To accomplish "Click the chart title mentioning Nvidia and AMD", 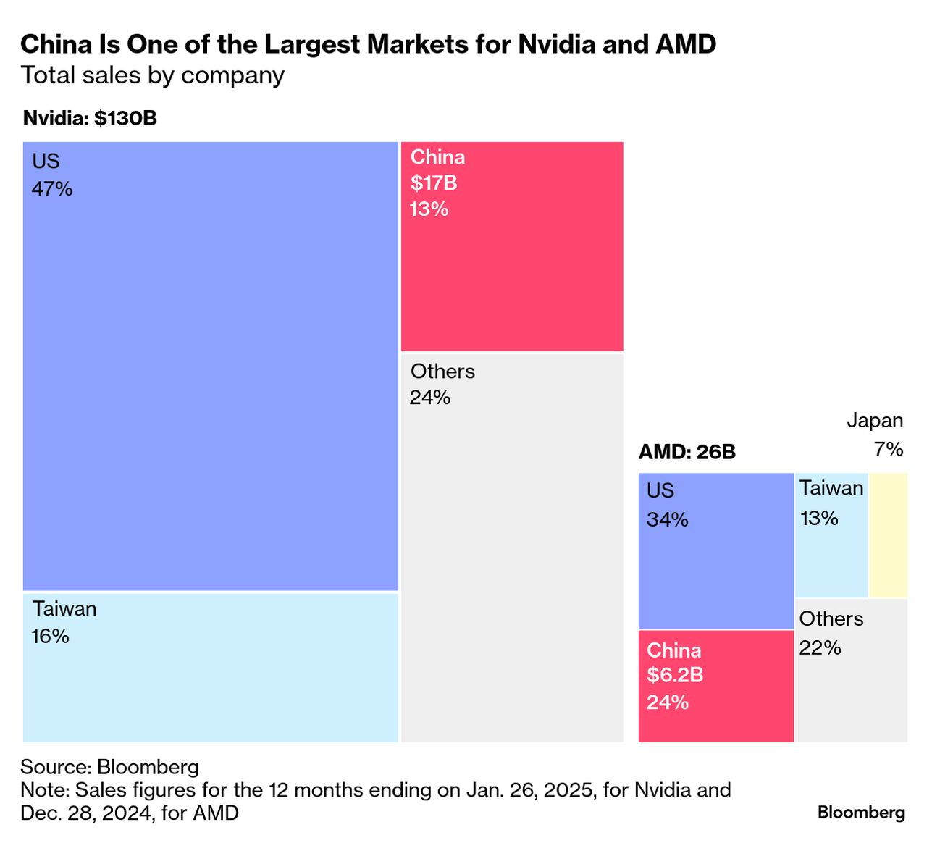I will pyautogui.click(x=368, y=45).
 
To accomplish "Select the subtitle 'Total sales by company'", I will pyautogui.click(x=152, y=75).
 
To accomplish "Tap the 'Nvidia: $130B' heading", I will pyautogui.click(x=90, y=118).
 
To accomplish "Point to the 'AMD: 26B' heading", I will pyautogui.click(x=687, y=452).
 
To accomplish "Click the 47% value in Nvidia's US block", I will pyautogui.click(x=52, y=189).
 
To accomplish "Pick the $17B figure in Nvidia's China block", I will pyautogui.click(x=434, y=183).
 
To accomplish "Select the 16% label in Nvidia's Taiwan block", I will pyautogui.click(x=51, y=637).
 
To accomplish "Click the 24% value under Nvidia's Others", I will pyautogui.click(x=430, y=398).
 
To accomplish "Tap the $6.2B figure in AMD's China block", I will pyautogui.click(x=675, y=675).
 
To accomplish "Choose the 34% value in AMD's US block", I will pyautogui.click(x=667, y=520).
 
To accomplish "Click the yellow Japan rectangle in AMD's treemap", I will pyautogui.click(x=888, y=534).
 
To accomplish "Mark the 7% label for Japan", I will pyautogui.click(x=889, y=450).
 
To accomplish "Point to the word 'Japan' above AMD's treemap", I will pyautogui.click(x=875, y=421).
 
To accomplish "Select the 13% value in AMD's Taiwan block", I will pyautogui.click(x=819, y=519).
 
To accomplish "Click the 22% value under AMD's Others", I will pyautogui.click(x=820, y=647).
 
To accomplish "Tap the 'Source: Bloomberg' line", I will pyautogui.click(x=109, y=767).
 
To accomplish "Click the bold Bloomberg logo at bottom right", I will pyautogui.click(x=861, y=812).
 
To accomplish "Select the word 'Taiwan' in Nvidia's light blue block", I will pyautogui.click(x=64, y=609).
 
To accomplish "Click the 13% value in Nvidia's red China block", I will pyautogui.click(x=429, y=209).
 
